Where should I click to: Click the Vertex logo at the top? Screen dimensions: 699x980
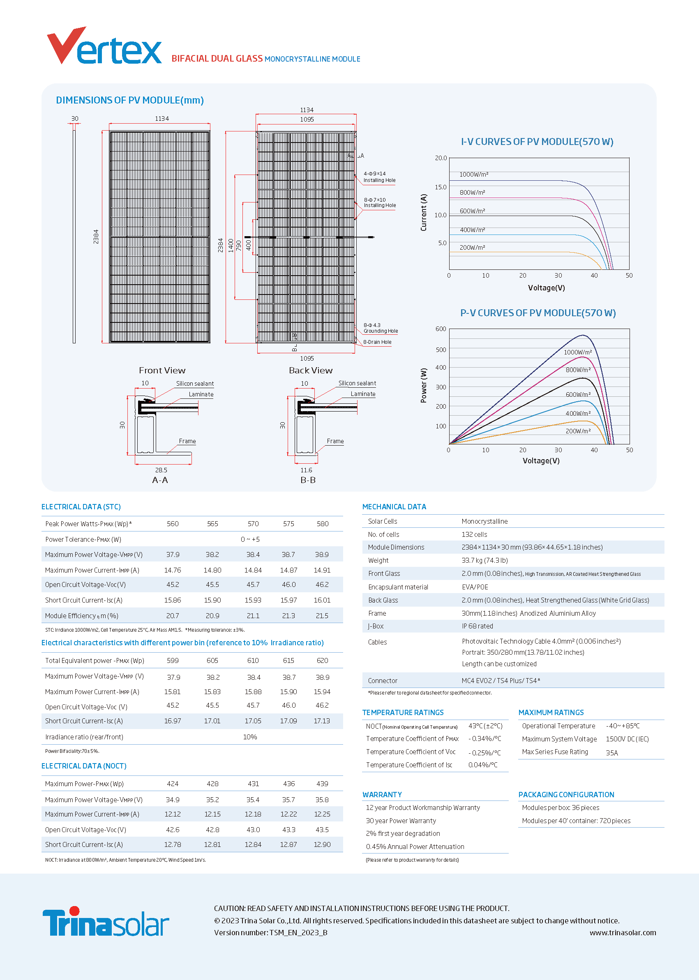(104, 46)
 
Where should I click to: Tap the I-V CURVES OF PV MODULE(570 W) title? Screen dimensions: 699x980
(537, 142)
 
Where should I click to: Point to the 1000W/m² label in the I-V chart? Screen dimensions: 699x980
(474, 175)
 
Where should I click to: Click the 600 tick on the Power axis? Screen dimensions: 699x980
(441, 329)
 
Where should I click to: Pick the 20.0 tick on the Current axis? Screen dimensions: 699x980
(441, 158)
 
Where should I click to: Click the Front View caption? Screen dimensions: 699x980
(162, 370)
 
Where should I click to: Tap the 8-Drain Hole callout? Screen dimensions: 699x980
(377, 342)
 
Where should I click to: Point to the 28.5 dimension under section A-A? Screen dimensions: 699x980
(161, 470)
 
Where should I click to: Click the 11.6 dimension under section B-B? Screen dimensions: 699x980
(307, 470)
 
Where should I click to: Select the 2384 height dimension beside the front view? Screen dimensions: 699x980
(96, 237)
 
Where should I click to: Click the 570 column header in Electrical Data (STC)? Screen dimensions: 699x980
(253, 524)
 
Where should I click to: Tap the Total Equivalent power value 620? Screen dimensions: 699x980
(323, 660)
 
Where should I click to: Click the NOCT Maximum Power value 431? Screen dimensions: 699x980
(254, 784)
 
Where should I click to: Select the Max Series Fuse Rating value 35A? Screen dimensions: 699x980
(612, 753)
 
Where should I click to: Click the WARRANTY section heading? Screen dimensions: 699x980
(382, 795)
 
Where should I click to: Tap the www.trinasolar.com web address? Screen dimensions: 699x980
(623, 933)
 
